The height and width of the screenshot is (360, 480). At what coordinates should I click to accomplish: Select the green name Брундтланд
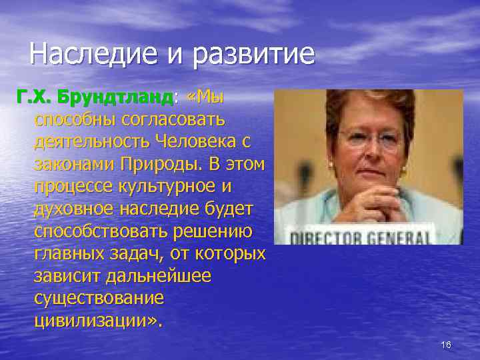(116, 98)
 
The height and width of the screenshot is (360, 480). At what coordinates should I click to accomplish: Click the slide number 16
(446, 344)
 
